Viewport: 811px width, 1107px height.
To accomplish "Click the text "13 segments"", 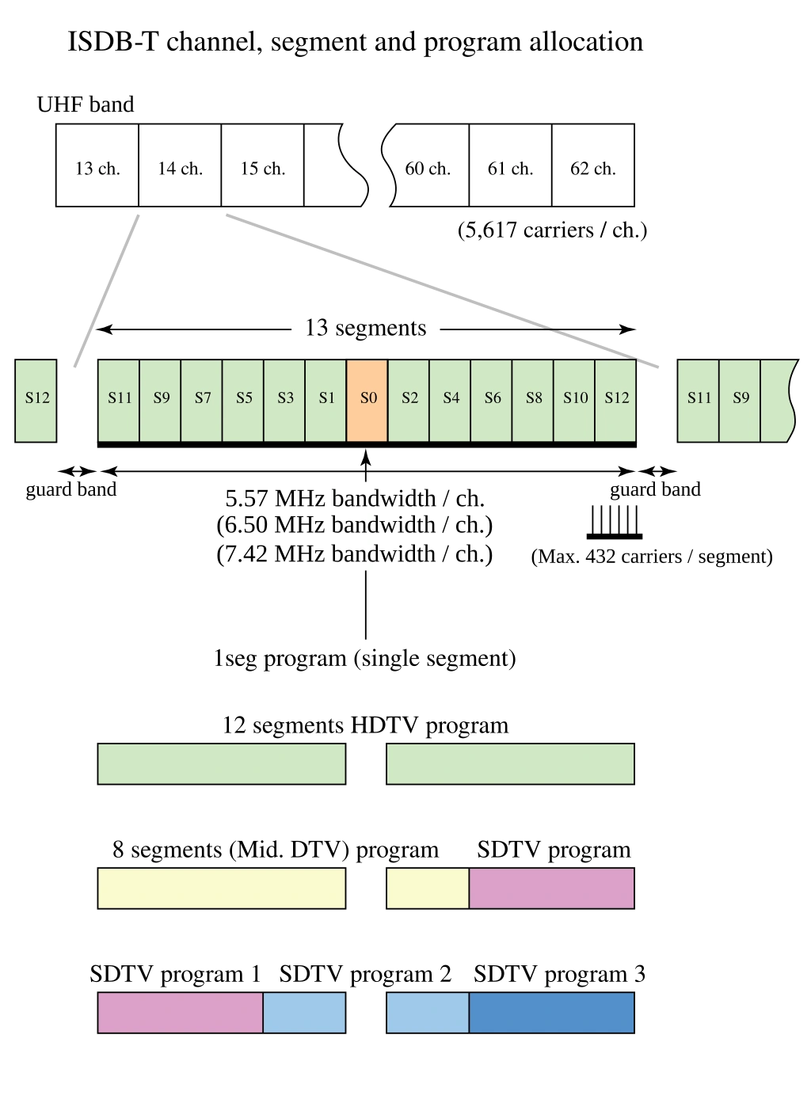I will coord(367,329).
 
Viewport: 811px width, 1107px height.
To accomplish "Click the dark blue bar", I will coord(551,1012).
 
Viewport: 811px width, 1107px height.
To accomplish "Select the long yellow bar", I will coord(222,888).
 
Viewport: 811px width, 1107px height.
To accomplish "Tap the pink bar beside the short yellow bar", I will coord(551,888).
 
